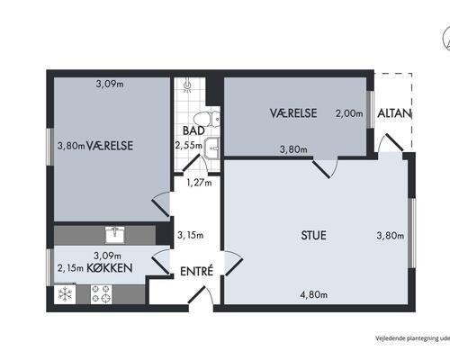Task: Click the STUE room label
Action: click(x=313, y=235)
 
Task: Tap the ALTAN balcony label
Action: click(x=394, y=113)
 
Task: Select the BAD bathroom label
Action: click(x=193, y=130)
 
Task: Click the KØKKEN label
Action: click(x=110, y=268)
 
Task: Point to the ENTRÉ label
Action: click(x=196, y=271)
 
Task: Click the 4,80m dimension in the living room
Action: click(x=314, y=294)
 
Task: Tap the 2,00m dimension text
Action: click(x=349, y=113)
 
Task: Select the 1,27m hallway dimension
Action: click(x=199, y=183)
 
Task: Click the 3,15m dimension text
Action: click(x=190, y=235)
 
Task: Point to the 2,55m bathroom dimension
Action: click(x=189, y=146)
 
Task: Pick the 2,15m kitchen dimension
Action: click(x=70, y=268)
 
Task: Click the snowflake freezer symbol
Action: click(x=65, y=294)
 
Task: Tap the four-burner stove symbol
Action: click(x=102, y=294)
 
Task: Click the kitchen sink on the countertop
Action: click(x=115, y=235)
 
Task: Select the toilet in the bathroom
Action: click(x=207, y=120)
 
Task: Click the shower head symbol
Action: click(x=187, y=85)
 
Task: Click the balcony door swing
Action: click(x=390, y=143)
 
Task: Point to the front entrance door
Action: click(x=201, y=295)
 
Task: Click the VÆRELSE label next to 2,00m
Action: click(x=293, y=113)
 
